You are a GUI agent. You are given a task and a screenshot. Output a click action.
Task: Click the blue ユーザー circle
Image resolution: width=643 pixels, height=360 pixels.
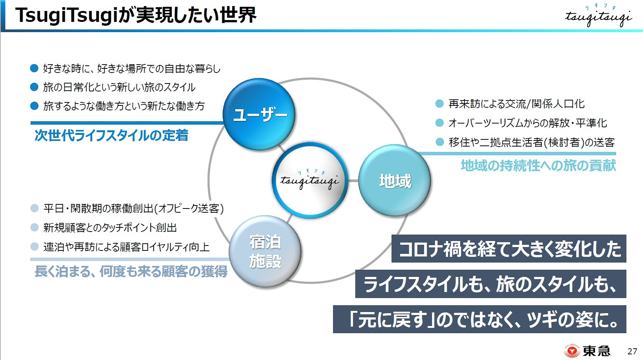(260, 114)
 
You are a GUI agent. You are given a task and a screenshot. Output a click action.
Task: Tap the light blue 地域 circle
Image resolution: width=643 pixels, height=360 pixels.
(395, 181)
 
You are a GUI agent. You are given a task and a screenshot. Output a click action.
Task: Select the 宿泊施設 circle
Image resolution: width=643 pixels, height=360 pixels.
(265, 252)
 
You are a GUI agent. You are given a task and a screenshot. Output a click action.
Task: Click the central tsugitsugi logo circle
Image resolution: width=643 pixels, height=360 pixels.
(310, 180)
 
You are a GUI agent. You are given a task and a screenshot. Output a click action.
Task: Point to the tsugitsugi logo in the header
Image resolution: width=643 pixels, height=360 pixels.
(598, 17)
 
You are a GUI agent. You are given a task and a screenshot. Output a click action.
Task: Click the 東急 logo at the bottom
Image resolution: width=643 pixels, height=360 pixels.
(587, 351)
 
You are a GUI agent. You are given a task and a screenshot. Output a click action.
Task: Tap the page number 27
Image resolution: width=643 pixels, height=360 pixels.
(632, 351)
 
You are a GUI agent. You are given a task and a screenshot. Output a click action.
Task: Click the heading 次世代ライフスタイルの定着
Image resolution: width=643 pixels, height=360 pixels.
(111, 135)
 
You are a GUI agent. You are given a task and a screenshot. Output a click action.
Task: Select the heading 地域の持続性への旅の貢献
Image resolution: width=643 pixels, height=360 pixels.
(538, 165)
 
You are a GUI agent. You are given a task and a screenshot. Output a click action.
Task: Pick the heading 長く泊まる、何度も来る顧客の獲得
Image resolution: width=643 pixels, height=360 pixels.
(131, 271)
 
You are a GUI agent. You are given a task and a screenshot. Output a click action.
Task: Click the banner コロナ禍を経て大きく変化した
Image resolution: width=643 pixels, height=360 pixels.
(509, 249)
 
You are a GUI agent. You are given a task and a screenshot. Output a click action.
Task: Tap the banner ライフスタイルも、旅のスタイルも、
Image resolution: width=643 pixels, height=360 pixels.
(490, 284)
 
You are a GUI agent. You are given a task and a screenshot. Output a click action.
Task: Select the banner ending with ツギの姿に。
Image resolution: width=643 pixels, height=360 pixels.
(480, 320)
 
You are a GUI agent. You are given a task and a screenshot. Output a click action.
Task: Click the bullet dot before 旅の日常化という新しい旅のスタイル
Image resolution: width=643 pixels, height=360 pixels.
(34, 87)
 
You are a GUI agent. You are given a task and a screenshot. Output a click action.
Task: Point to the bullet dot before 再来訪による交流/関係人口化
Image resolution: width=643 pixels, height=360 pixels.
(439, 104)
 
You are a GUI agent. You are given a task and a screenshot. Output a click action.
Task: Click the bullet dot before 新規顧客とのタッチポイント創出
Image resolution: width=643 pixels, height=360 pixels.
(34, 227)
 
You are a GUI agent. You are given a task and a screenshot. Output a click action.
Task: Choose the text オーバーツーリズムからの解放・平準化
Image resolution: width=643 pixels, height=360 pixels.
(527, 123)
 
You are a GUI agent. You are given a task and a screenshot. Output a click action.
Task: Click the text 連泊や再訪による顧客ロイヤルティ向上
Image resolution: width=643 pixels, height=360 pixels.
(126, 247)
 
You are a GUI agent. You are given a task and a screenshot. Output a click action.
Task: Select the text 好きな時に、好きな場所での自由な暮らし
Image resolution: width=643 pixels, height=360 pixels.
(131, 68)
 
